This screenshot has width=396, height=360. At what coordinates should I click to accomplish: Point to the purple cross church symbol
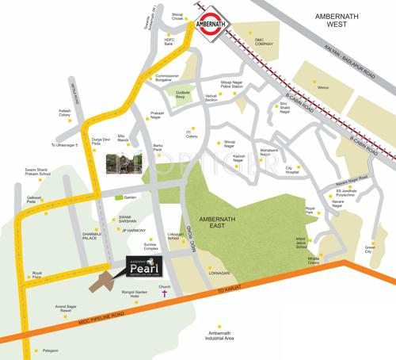pos(166,295)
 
